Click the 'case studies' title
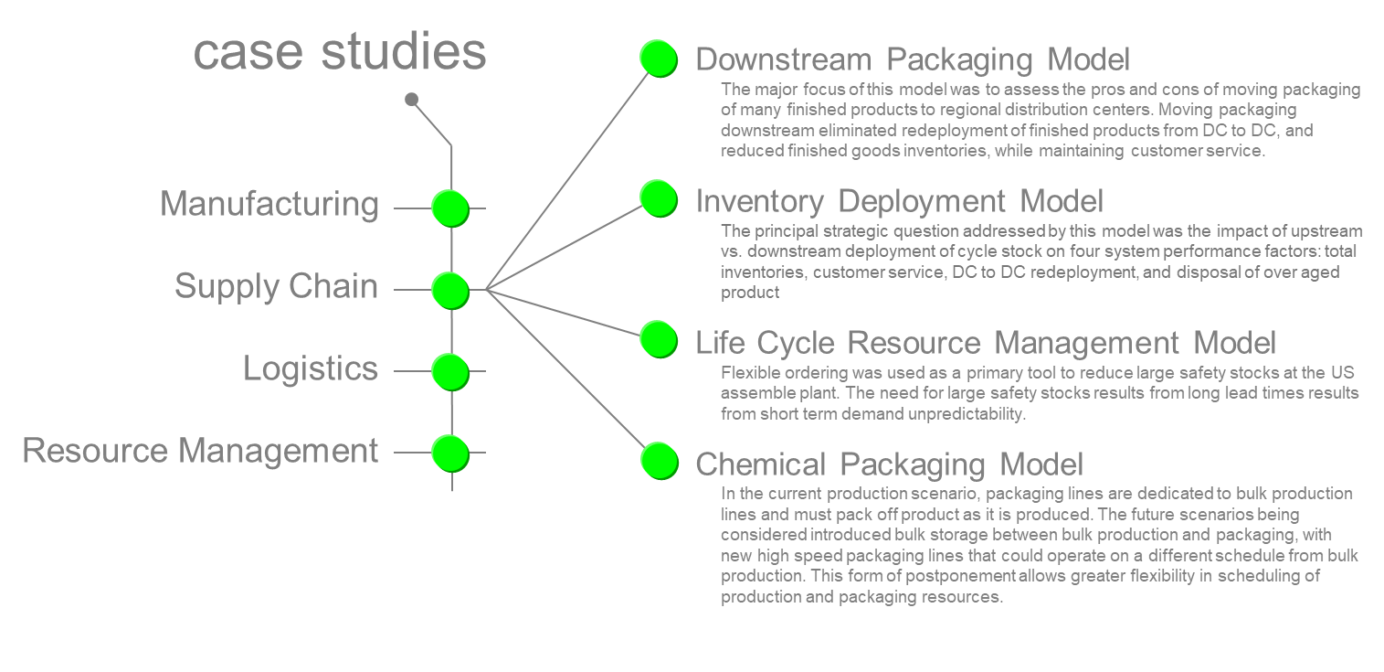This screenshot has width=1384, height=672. pyautogui.click(x=340, y=52)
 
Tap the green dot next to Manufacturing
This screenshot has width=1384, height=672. pyautogui.click(x=449, y=208)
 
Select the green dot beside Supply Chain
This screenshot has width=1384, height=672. pyautogui.click(x=449, y=290)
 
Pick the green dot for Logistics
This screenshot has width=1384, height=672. pyautogui.click(x=449, y=371)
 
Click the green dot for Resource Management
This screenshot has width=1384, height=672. pyautogui.click(x=449, y=453)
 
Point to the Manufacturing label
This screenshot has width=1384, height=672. pyautogui.click(x=269, y=204)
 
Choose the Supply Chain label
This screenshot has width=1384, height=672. pyautogui.click(x=276, y=286)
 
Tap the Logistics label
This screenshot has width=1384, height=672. pyautogui.click(x=311, y=368)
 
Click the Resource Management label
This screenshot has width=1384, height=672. pyautogui.click(x=200, y=451)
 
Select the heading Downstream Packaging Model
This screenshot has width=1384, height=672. pyautogui.click(x=913, y=59)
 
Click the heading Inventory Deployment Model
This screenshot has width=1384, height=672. pyautogui.click(x=899, y=200)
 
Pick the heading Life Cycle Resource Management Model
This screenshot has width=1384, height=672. pyautogui.click(x=986, y=343)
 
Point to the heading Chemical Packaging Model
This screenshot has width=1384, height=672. pyautogui.click(x=889, y=464)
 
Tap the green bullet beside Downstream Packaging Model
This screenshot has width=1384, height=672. pyautogui.click(x=658, y=59)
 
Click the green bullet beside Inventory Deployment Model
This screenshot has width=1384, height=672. pyautogui.click(x=658, y=197)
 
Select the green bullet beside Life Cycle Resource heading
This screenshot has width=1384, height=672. pyautogui.click(x=658, y=339)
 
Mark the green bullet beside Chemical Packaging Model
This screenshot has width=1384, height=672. pyautogui.click(x=658, y=460)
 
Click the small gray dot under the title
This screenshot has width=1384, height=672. pyautogui.click(x=412, y=99)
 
